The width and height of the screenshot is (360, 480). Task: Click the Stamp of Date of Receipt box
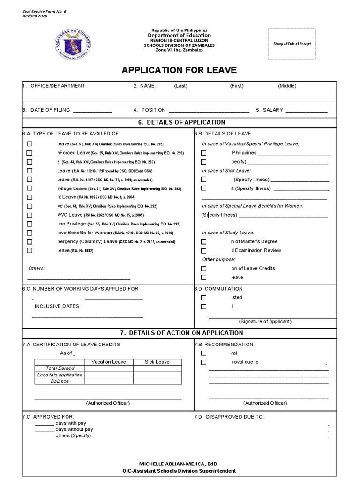(x=292, y=44)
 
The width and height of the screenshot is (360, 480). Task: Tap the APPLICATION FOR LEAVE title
(x=179, y=70)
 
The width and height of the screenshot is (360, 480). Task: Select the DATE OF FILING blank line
(x=92, y=111)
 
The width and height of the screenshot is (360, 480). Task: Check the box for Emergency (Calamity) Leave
(x=30, y=242)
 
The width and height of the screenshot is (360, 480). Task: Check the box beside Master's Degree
(x=203, y=242)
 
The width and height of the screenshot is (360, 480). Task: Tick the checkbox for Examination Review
(x=203, y=251)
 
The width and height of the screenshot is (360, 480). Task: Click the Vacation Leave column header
(x=108, y=362)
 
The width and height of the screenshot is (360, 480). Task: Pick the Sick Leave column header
(x=157, y=362)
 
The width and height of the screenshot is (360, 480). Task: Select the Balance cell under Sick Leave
(x=157, y=381)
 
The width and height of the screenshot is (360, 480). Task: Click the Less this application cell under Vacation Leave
(x=108, y=375)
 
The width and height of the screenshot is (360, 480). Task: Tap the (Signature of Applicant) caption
(x=265, y=322)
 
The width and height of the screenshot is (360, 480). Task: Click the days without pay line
(x=45, y=429)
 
